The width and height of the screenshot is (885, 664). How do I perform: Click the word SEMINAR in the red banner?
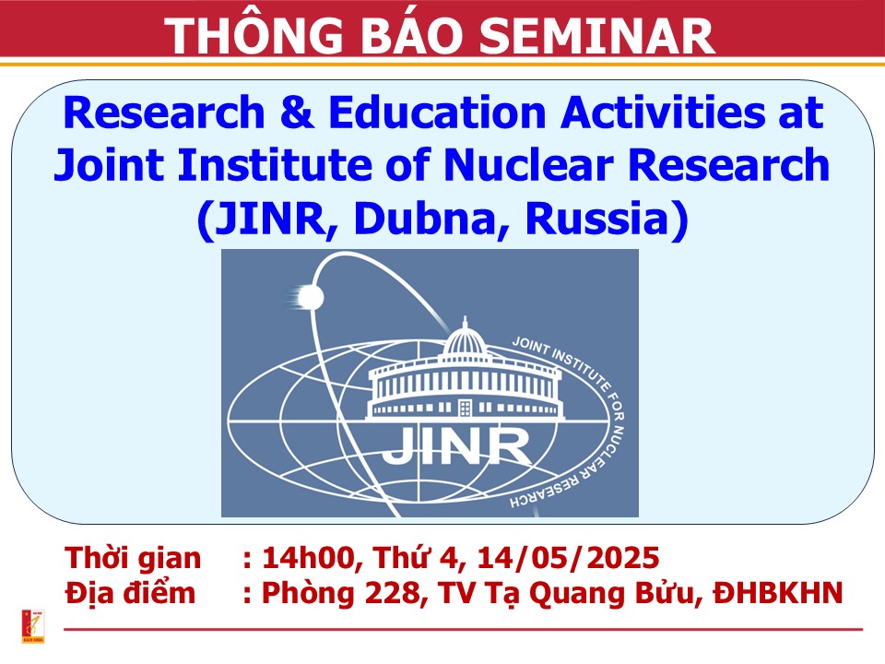pos(598,35)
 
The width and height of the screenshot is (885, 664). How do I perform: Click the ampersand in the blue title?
pos(297,112)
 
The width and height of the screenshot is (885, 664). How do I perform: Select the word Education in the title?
pos(437,112)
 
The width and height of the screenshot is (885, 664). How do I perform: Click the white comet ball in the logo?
pos(310,297)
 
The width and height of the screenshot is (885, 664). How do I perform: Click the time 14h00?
pos(308,558)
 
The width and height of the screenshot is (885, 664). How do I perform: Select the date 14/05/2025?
pos(568,558)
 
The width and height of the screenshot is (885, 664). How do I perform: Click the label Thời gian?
pos(133,558)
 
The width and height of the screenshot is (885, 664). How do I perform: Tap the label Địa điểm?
pos(130,593)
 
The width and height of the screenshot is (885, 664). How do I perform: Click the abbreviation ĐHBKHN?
pos(778,593)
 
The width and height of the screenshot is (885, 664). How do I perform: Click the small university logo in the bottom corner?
pos(33,626)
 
